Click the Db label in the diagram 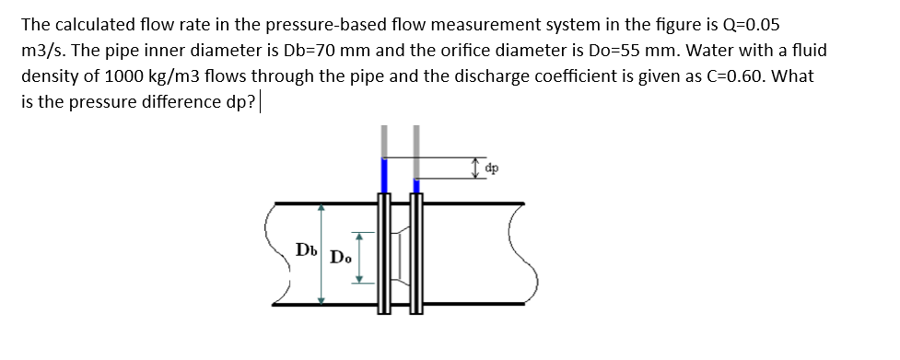click(305, 250)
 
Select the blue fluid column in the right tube click(416, 186)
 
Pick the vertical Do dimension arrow click(359, 257)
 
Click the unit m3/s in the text click(42, 50)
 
